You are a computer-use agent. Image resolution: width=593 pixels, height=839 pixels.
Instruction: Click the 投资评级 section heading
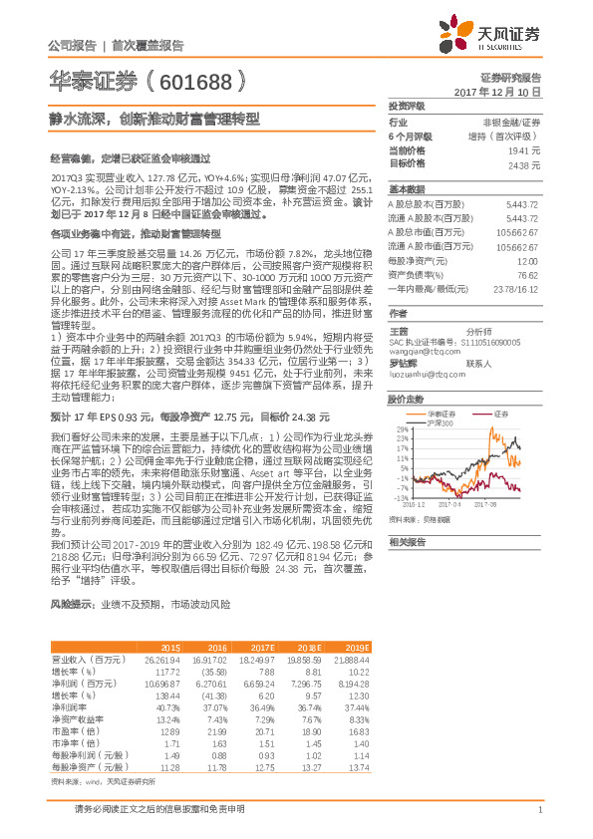[407, 105]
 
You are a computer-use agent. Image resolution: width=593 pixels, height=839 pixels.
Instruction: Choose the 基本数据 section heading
[407, 187]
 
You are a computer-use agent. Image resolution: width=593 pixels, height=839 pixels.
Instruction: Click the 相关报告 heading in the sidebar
[407, 542]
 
